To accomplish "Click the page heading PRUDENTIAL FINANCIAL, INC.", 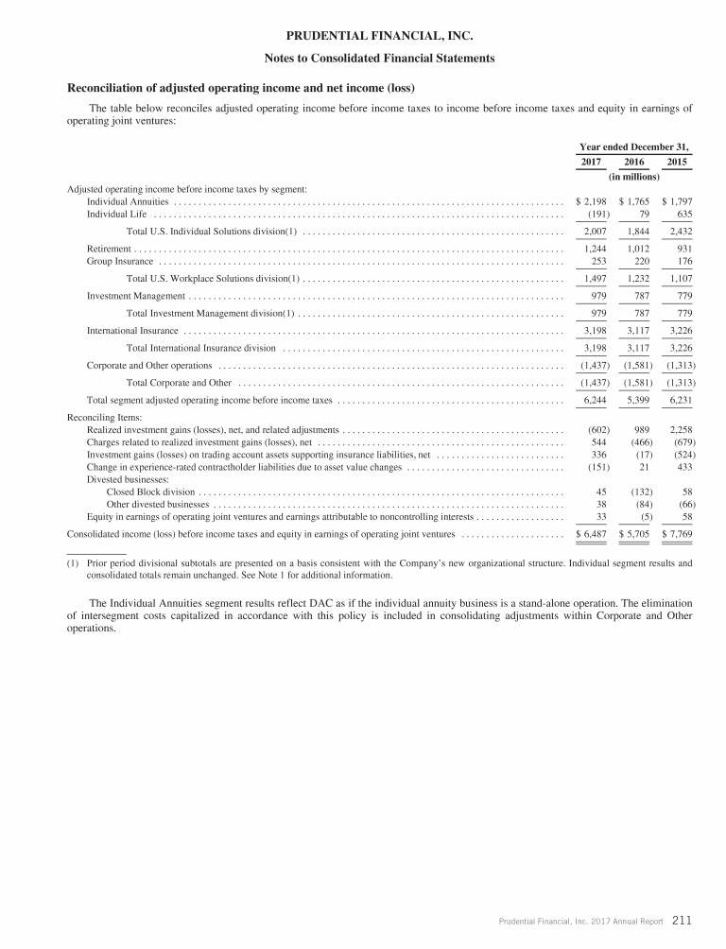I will click(364, 37).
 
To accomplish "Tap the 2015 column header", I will click(678, 163).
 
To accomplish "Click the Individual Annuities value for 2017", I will click(591, 201).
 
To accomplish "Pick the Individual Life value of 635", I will click(682, 214).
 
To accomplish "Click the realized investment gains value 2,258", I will click(678, 429).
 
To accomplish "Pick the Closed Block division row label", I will click(151, 492).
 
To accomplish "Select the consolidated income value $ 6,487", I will click(591, 534).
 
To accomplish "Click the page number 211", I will click(683, 919).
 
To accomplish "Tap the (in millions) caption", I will click(633, 177).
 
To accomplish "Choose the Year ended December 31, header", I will click(633, 147).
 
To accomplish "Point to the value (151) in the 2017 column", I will click(592, 467).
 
